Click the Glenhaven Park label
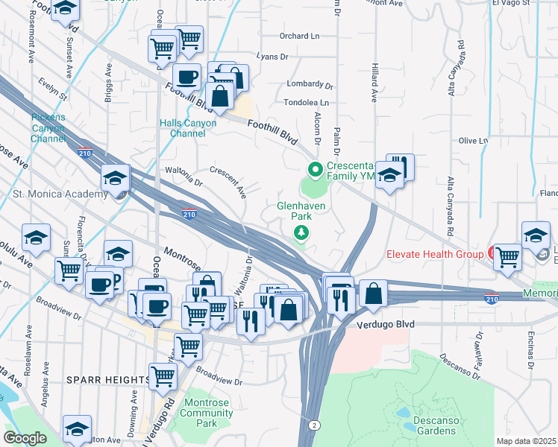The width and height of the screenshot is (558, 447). (x=293, y=209)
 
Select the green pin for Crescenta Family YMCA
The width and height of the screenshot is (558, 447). (x=315, y=171)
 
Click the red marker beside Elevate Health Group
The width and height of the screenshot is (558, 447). (x=492, y=253)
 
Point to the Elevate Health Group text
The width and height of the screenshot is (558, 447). (x=435, y=254)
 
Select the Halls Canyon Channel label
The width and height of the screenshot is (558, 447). (x=187, y=128)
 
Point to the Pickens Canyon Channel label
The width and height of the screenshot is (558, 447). (x=48, y=128)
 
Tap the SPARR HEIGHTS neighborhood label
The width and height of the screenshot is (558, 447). (x=107, y=380)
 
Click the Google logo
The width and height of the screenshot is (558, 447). (x=25, y=438)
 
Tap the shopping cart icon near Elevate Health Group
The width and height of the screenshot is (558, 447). (x=507, y=257)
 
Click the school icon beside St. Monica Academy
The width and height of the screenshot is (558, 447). (x=116, y=179)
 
